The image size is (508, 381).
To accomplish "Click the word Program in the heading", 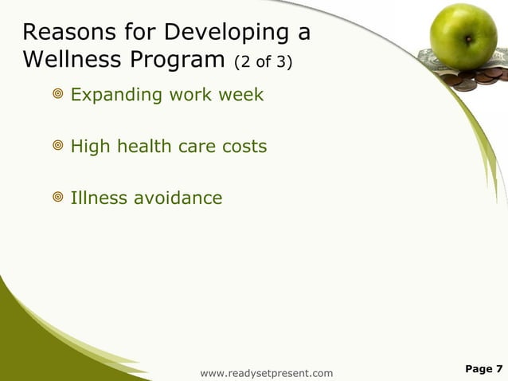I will (x=175, y=60).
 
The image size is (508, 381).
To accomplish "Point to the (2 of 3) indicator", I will (x=262, y=61).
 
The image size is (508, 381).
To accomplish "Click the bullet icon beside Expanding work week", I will (x=57, y=96).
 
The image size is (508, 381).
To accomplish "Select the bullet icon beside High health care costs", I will (x=57, y=147).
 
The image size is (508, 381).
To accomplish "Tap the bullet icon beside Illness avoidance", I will (x=57, y=198).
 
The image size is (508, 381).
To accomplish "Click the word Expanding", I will (x=116, y=96).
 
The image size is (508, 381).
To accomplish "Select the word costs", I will (x=242, y=147).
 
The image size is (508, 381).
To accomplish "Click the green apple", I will (x=463, y=37).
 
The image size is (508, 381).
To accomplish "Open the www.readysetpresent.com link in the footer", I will (x=267, y=372).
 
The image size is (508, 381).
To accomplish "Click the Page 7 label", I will (x=483, y=368).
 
